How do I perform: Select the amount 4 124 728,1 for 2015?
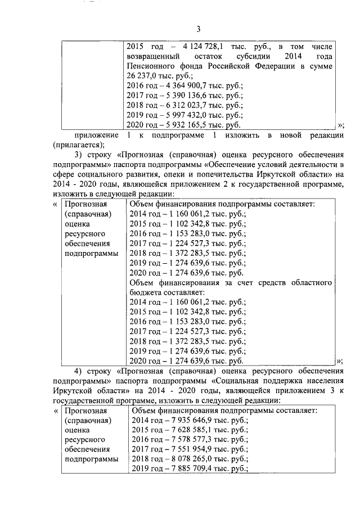pyautogui.click(x=204, y=46)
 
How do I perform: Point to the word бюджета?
pyautogui.click(x=146, y=292)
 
